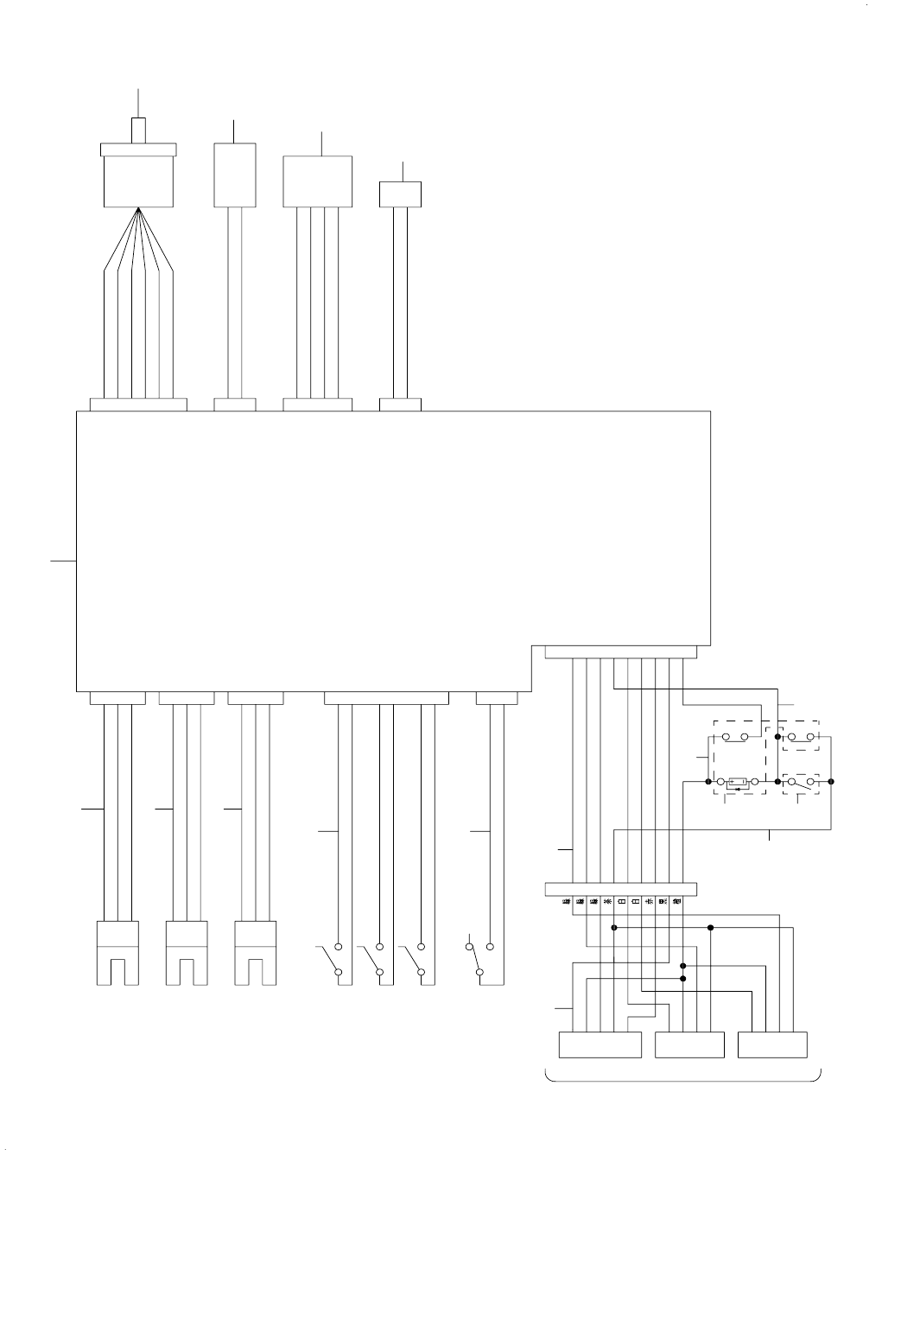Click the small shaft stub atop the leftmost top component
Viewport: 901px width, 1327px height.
coord(138,130)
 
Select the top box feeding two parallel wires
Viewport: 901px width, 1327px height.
coord(234,175)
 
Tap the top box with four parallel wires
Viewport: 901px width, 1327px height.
coord(318,181)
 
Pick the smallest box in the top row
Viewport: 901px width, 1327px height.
coord(401,194)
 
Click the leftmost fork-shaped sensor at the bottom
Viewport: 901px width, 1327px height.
coord(117,954)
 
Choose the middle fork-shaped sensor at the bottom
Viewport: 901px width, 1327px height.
coord(187,954)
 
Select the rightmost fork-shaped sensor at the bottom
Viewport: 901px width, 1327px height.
coord(257,954)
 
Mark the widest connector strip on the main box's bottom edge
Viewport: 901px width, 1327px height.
coord(386,698)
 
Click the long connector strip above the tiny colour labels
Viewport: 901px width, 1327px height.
coord(620,890)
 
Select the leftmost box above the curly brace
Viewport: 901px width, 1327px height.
coord(600,1044)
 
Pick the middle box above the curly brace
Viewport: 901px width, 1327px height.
coord(689,1044)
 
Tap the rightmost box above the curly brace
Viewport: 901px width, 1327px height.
coord(773,1044)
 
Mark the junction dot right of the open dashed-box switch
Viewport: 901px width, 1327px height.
coord(831,781)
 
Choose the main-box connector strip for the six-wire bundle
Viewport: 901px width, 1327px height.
coord(138,404)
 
